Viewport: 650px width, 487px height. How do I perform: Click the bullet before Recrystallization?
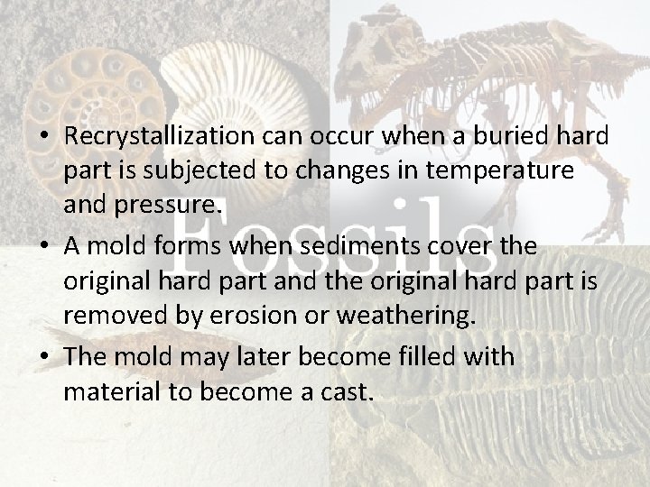point(44,137)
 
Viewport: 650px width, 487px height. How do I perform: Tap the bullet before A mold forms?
point(44,247)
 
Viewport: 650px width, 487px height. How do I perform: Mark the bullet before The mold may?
point(44,356)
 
